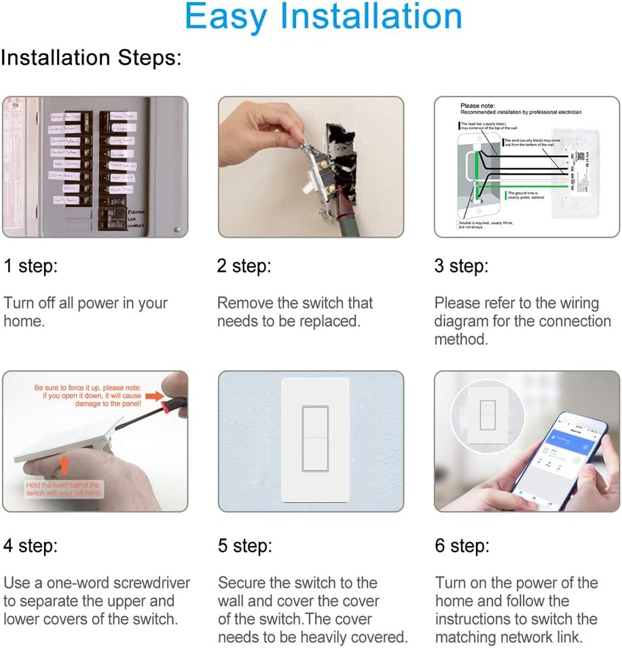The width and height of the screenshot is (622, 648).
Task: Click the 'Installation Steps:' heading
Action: pyautogui.click(x=91, y=58)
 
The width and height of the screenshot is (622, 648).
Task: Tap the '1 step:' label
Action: pyautogui.click(x=31, y=266)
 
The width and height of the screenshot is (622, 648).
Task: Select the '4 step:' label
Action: pyautogui.click(x=31, y=545)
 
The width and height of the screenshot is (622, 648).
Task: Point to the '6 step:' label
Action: pyautogui.click(x=462, y=545)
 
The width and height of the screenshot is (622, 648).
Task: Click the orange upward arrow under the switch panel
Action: pyautogui.click(x=65, y=465)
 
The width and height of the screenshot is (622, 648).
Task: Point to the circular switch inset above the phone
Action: pyautogui.click(x=487, y=417)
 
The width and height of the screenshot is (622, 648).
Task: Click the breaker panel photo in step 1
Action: pyautogui.click(x=94, y=167)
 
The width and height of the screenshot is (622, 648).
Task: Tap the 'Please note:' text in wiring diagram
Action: pyautogui.click(x=477, y=106)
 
